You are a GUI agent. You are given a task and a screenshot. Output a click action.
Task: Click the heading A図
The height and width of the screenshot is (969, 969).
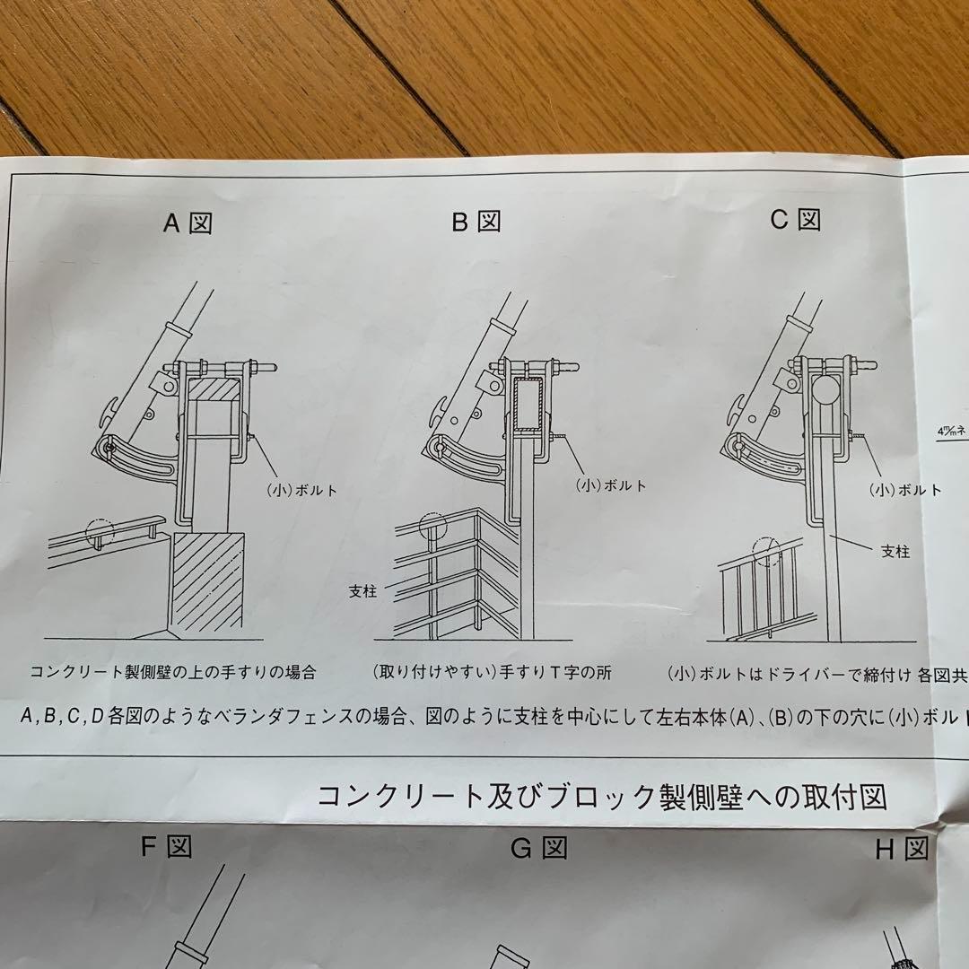point(188,222)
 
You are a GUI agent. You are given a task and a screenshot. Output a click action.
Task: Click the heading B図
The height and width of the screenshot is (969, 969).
point(476,222)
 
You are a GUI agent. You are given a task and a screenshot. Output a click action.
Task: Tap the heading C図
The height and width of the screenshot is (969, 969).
point(796,219)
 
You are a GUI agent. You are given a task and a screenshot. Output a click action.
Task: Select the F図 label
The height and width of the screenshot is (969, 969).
point(167,846)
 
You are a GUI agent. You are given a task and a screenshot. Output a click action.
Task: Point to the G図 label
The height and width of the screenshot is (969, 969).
point(538,848)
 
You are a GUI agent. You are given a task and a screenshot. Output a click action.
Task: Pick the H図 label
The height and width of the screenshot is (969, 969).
point(902,850)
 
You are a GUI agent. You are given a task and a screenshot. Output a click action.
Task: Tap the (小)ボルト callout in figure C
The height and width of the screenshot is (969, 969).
point(905,490)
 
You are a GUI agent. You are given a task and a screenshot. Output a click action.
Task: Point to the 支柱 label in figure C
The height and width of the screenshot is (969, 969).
point(895,552)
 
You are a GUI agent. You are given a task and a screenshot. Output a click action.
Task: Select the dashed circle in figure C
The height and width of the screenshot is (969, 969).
point(768,553)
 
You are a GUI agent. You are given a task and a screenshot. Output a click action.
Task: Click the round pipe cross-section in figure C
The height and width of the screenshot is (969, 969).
point(826,390)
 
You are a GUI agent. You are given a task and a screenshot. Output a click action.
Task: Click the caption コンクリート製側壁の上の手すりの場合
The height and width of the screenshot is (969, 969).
point(173,671)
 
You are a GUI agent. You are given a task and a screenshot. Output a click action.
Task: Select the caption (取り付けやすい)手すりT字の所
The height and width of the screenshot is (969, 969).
point(492,672)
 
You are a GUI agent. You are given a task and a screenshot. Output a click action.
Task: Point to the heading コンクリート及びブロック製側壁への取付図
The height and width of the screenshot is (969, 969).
point(602,795)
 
